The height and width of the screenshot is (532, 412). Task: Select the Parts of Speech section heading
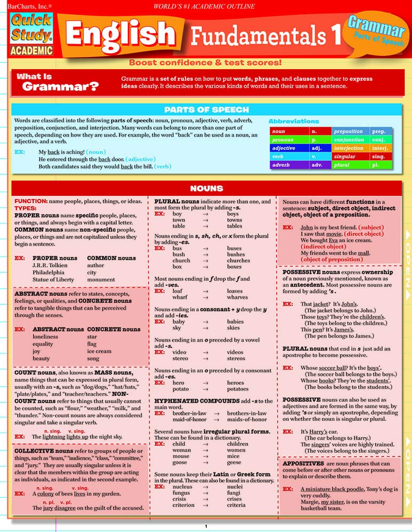click(x=206, y=110)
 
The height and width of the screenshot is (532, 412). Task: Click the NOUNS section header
click(x=206, y=188)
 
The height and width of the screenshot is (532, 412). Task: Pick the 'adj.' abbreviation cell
click(x=316, y=148)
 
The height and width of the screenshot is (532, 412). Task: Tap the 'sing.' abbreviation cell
click(x=379, y=157)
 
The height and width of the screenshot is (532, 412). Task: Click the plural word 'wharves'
click(x=237, y=297)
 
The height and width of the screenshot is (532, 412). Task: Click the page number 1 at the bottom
click(x=206, y=526)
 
